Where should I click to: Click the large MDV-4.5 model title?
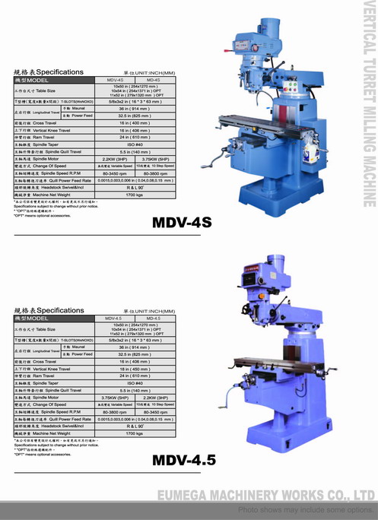click(x=184, y=460)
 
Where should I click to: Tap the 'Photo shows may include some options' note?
click(x=304, y=509)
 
